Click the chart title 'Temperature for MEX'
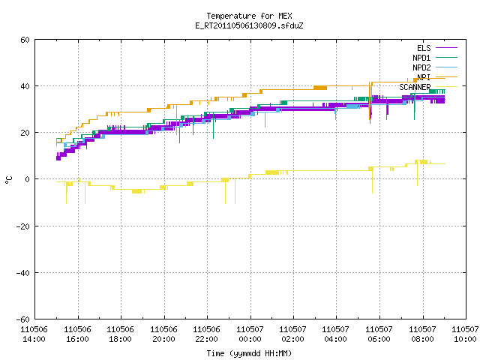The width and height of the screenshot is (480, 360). tap(249, 16)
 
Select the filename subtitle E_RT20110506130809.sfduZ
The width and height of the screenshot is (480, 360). tap(249, 25)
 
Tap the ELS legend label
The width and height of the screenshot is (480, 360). tap(424, 48)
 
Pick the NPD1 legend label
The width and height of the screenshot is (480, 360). tap(421, 58)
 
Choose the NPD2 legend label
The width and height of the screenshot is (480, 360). tap(421, 67)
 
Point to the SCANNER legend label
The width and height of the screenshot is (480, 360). tap(415, 87)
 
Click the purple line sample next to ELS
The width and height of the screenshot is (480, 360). tap(446, 48)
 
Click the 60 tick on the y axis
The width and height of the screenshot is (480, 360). tap(25, 40)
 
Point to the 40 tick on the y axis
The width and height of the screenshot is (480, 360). tap(25, 86)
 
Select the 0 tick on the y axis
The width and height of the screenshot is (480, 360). tap(28, 179)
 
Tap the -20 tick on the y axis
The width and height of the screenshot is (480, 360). tap(23, 226)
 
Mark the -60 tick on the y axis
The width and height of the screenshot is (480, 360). tap(23, 319)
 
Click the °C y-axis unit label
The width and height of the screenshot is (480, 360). tap(9, 180)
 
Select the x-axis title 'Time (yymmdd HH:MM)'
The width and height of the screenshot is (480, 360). tap(249, 353)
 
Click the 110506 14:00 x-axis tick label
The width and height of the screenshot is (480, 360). tap(34, 334)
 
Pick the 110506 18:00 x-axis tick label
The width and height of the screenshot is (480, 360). tap(120, 334)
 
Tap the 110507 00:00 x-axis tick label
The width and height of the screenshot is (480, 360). tap(250, 334)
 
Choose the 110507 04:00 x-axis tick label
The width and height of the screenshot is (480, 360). tap(336, 334)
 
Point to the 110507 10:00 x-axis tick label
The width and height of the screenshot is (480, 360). tap(465, 334)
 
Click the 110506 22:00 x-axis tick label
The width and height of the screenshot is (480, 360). tap(207, 334)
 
